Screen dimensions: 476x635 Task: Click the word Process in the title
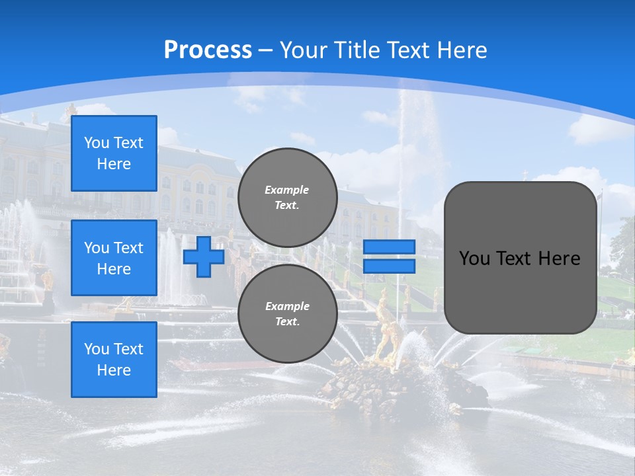tap(208, 50)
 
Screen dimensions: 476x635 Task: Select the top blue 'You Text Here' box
tap(114, 153)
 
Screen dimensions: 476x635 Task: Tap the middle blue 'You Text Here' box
tap(114, 258)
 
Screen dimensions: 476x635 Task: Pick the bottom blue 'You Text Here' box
tap(114, 360)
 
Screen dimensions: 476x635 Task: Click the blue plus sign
tap(203, 257)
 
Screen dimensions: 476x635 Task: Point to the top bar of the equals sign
tap(389, 247)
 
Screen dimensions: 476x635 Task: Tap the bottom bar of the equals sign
tap(389, 266)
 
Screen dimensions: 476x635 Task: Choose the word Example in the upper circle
tap(287, 190)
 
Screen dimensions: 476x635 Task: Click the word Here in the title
tap(460, 50)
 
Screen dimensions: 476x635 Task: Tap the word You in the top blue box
tap(96, 143)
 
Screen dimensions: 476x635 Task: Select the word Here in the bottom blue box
tap(114, 370)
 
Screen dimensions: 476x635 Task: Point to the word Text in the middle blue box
tap(128, 248)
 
